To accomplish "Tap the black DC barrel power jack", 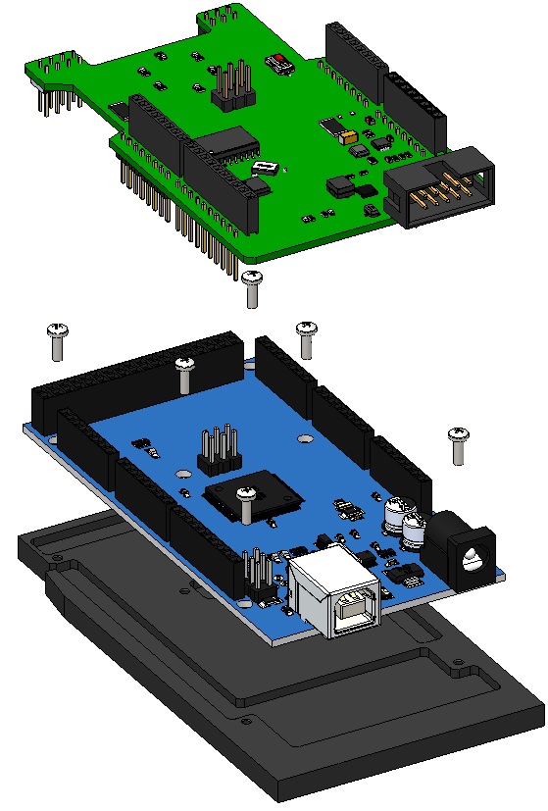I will coord(466,548).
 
